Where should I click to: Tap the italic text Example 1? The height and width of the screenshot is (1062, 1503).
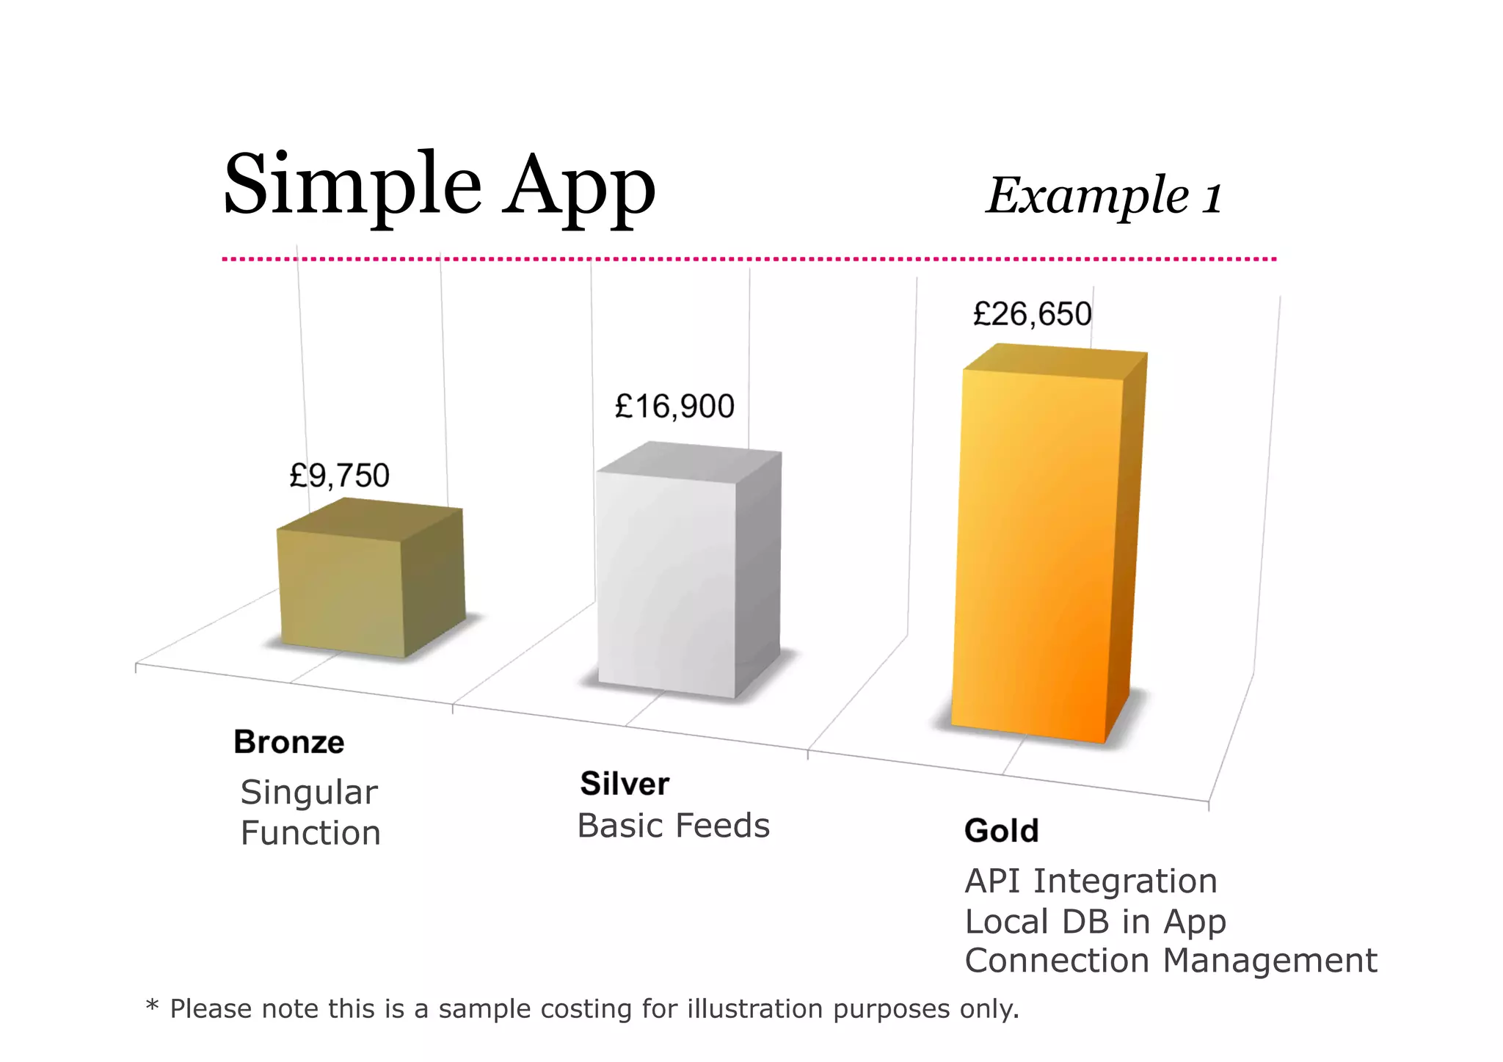[1104, 196]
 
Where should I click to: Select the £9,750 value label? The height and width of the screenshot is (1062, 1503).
[339, 476]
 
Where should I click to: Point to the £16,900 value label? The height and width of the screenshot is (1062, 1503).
[674, 407]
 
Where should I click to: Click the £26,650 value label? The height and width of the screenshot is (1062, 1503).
[1032, 314]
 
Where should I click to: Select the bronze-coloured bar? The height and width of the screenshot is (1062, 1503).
[342, 591]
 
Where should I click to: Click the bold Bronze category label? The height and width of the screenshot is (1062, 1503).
[288, 742]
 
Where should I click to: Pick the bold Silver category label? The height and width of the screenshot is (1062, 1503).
[625, 784]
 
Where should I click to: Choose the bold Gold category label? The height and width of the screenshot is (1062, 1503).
[1001, 831]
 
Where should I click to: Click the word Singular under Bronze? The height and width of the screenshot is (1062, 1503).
[309, 793]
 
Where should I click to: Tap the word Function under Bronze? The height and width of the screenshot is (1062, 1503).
[310, 833]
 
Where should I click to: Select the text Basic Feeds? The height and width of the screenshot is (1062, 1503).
[673, 826]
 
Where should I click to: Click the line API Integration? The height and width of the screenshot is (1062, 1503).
[1091, 881]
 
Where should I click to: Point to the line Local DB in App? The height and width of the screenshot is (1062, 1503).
[1095, 921]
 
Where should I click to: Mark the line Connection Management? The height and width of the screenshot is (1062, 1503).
[1171, 961]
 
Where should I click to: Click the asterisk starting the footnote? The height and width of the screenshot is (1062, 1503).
[152, 1005]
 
